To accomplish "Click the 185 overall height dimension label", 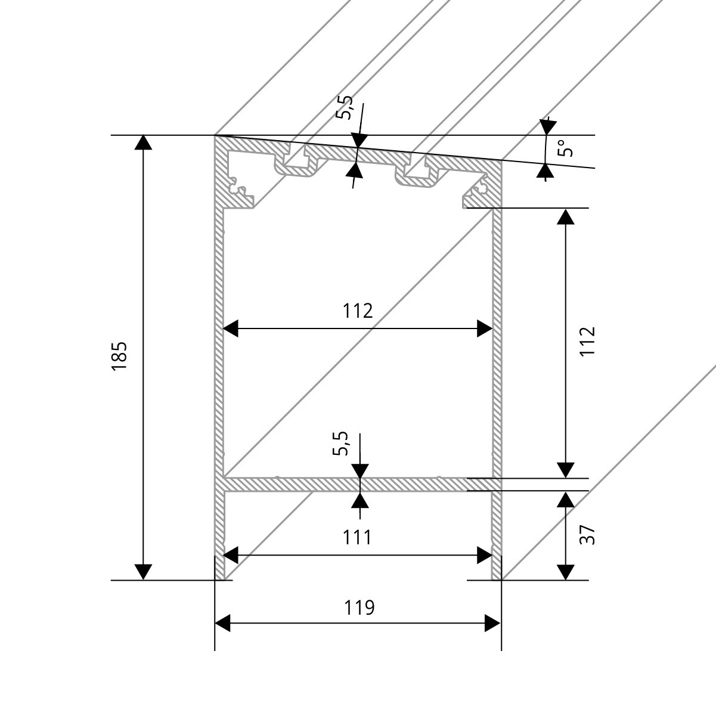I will [119, 356].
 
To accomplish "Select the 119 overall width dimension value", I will [359, 607].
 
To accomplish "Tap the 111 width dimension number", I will [357, 537].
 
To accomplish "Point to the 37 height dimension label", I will [587, 535].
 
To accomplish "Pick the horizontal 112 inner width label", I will [358, 311].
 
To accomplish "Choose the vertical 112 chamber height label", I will [587, 341].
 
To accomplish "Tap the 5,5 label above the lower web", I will [340, 444].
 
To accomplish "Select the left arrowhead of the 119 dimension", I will [222, 624].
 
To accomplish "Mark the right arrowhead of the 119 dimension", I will [493, 624].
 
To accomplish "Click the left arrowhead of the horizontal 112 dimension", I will [230, 328].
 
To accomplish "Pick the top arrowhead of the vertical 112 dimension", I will [565, 215].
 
